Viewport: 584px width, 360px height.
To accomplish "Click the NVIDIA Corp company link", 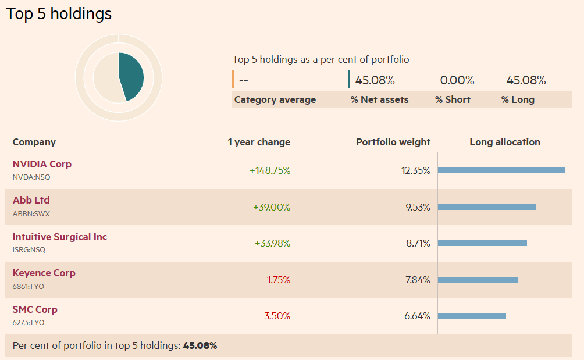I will (42, 164).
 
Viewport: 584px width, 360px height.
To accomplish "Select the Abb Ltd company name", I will (31, 200).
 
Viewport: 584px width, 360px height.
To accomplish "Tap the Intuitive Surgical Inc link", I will (60, 237).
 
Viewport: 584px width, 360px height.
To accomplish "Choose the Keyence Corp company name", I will (44, 273).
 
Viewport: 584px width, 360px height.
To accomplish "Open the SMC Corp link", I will (35, 309).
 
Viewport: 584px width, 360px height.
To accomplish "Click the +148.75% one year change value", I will (270, 171).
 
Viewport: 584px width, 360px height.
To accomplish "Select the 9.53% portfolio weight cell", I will (418, 207).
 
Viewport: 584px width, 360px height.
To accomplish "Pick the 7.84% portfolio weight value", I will (418, 280).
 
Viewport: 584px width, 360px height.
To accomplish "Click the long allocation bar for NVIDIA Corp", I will (501, 170).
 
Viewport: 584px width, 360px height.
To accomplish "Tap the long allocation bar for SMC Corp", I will (472, 316).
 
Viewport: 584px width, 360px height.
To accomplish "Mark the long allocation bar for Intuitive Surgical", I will (482, 243).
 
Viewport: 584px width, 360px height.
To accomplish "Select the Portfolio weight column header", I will (393, 142).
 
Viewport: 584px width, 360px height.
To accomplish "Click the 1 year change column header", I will (259, 142).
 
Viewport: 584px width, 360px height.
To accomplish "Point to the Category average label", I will (275, 99).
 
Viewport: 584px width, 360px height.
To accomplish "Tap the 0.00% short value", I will (457, 80).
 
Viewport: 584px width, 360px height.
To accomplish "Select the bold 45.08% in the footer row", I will (200, 345).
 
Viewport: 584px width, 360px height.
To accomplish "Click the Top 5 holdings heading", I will (59, 14).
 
